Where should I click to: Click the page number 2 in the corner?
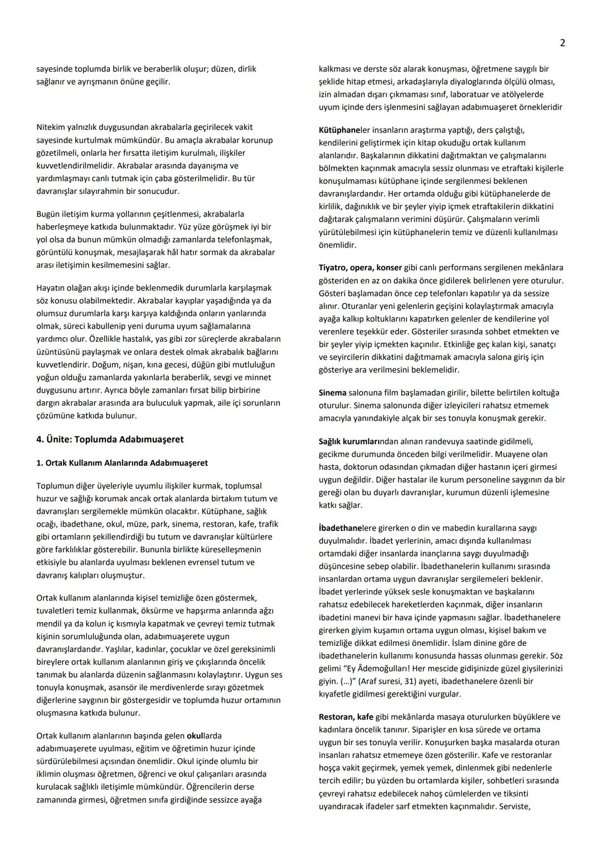tap(562, 43)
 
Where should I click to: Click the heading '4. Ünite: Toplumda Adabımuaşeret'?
tap(110, 439)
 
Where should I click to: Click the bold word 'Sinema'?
tap(332, 393)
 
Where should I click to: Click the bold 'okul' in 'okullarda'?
tap(195, 736)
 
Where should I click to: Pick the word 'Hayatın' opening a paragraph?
tap(51, 288)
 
